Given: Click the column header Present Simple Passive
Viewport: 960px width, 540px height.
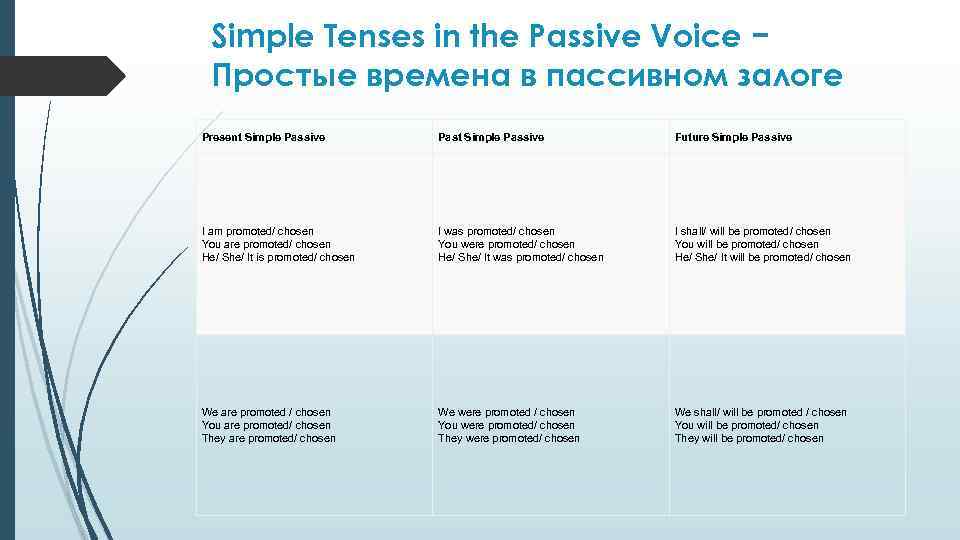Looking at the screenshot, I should point(263,137).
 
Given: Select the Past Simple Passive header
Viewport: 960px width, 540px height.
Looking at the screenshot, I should point(491,137).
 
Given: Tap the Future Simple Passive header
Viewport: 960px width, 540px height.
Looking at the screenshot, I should point(733,137).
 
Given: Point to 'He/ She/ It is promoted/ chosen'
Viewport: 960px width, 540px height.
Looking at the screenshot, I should point(278,257).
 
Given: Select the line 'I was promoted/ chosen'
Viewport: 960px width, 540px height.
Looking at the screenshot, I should point(496,231).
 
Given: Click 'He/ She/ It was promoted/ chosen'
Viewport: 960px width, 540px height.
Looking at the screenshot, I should point(521,257).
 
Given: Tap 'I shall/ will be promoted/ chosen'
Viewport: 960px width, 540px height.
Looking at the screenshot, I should point(753,231).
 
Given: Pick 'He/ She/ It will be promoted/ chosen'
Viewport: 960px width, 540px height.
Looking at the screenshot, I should point(763,257).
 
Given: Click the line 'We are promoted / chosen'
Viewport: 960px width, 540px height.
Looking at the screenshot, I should point(266,412).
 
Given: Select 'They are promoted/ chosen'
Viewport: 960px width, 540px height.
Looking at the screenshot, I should point(269,438).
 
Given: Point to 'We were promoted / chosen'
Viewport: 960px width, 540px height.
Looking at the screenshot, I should point(507,412).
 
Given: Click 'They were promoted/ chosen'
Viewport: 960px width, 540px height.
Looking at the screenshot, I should point(509,438).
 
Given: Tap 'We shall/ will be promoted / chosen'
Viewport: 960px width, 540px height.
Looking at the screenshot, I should point(761,412).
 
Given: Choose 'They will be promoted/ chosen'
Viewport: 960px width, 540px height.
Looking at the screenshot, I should point(749,438).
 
